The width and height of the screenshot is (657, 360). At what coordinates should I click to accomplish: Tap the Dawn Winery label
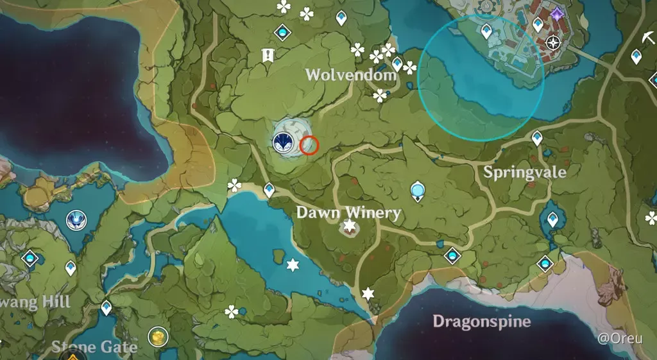[x=348, y=212]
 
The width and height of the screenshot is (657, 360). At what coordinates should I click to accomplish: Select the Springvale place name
[x=525, y=171]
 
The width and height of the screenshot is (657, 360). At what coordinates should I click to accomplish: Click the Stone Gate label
[x=94, y=347]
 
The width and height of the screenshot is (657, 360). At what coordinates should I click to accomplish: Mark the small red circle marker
[x=309, y=145]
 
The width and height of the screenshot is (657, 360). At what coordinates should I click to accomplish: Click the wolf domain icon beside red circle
[x=282, y=142]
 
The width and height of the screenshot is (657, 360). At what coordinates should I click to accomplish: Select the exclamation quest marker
[x=267, y=56]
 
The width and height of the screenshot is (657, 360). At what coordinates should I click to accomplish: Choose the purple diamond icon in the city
[x=556, y=13]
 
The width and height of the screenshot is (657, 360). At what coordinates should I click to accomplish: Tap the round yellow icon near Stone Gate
[x=157, y=336]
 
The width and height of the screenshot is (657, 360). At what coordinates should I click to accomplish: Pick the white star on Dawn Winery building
[x=350, y=225]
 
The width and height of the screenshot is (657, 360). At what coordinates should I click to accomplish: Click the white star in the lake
[x=293, y=264]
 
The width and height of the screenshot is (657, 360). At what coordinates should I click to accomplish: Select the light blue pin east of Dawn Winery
[x=418, y=190]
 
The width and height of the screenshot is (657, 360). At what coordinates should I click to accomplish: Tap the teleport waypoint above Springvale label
[x=537, y=137]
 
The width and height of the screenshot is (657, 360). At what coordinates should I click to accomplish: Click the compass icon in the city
[x=553, y=44]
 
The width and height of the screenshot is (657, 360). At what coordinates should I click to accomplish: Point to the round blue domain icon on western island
[x=76, y=221]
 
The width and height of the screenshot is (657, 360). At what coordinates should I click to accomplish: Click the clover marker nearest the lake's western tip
[x=235, y=185]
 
